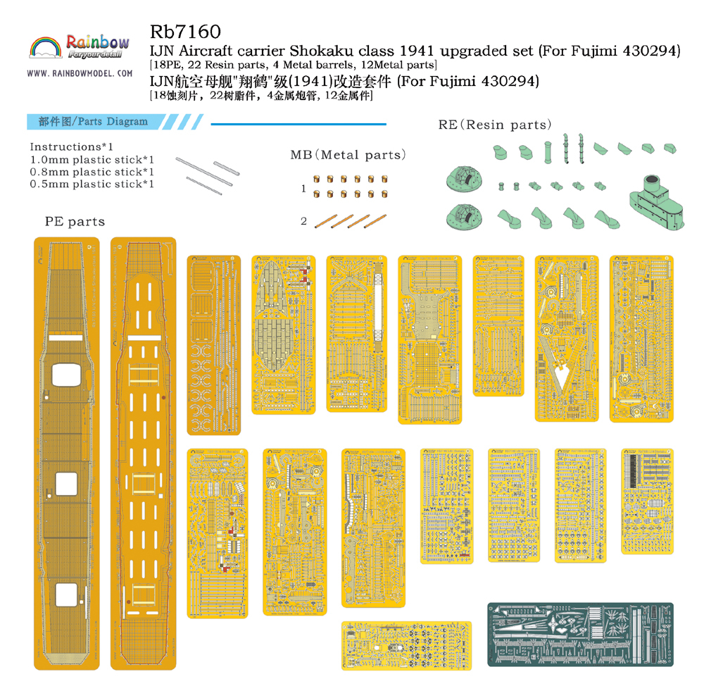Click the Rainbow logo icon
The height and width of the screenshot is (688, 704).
[46, 49]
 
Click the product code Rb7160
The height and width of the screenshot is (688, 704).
[185, 32]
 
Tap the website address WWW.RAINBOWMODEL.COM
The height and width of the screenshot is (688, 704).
[80, 73]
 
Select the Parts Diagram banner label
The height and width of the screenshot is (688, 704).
[96, 121]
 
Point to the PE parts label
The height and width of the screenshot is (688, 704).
[75, 222]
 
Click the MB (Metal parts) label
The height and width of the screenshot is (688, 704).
[348, 155]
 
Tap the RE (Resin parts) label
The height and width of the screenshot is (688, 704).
[495, 125]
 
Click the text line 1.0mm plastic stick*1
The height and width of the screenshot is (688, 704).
[92, 160]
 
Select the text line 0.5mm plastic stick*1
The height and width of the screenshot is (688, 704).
[92, 184]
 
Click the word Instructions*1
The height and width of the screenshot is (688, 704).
[72, 147]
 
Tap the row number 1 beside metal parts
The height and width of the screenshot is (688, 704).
[303, 189]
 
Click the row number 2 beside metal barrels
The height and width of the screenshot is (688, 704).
[303, 221]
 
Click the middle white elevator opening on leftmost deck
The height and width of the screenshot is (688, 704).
[65, 482]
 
